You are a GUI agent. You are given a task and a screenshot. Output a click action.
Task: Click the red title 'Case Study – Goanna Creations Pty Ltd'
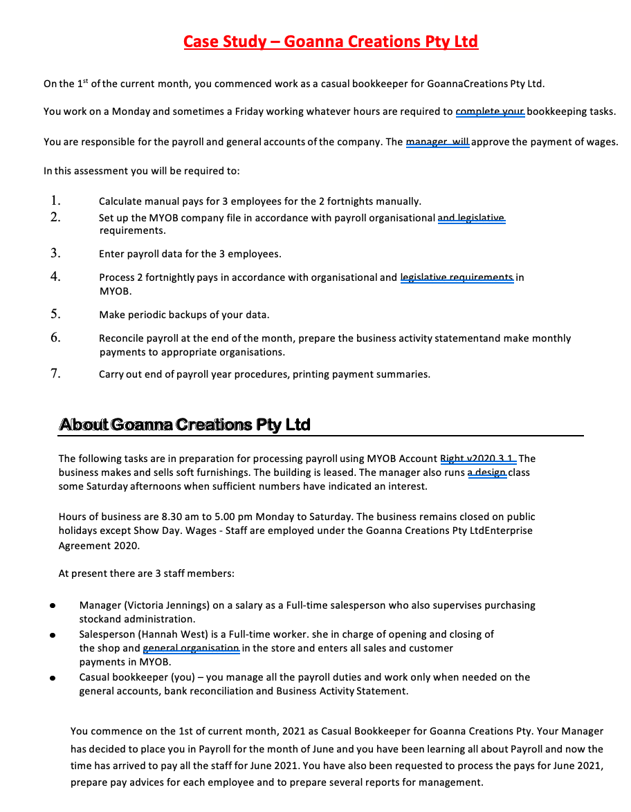(x=331, y=41)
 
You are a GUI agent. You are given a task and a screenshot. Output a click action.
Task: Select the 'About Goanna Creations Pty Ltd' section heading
(x=184, y=424)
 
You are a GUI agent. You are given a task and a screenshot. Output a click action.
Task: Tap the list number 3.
(x=55, y=252)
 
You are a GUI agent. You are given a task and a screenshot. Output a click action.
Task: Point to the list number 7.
(x=55, y=373)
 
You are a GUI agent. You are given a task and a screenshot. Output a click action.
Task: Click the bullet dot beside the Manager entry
(x=52, y=606)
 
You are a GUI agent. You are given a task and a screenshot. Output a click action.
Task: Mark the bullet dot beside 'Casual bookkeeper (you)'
(x=52, y=678)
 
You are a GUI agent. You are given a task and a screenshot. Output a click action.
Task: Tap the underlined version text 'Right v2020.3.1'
(x=477, y=459)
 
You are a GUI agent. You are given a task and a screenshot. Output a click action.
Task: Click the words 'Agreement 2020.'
(x=99, y=545)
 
